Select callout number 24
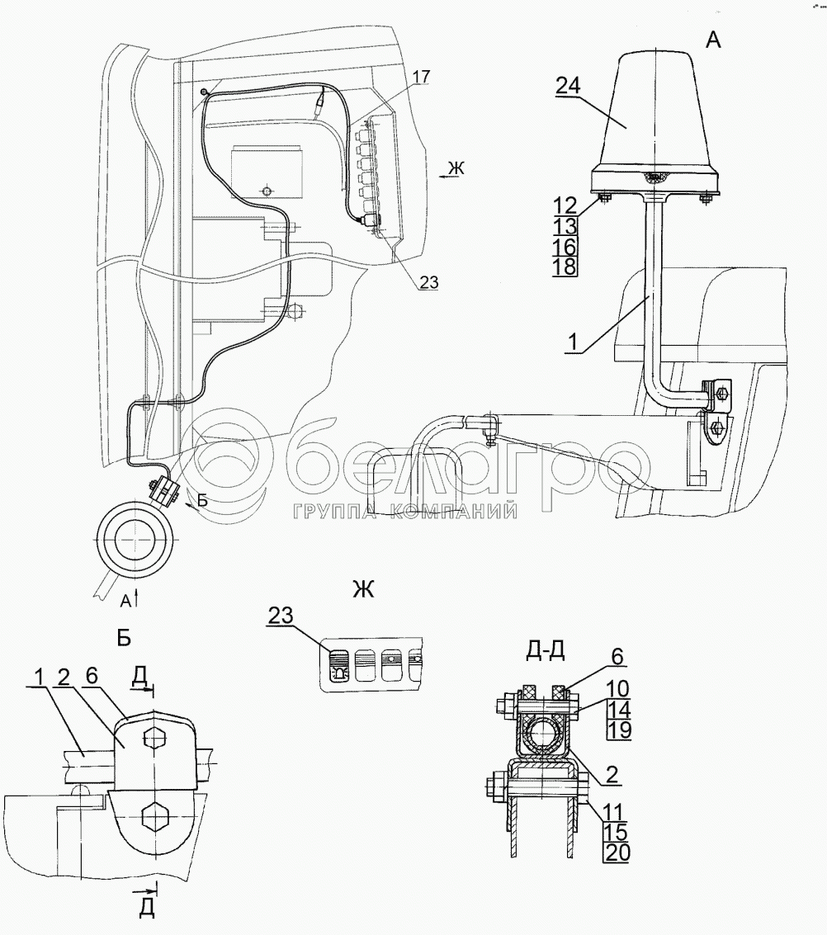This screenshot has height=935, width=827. [x=567, y=87]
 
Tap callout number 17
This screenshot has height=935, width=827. [x=420, y=77]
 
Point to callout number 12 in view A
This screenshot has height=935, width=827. [x=565, y=205]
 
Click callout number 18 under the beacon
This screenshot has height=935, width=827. [x=565, y=266]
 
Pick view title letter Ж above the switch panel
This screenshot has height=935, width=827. [x=363, y=590]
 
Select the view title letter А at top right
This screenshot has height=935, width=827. [x=712, y=40]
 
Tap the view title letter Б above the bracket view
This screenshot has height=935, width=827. [x=124, y=639]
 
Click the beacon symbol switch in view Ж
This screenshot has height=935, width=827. [x=338, y=665]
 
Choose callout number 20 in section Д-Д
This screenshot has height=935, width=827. [x=617, y=852]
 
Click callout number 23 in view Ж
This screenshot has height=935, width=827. [x=281, y=616]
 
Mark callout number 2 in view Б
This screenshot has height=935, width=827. [x=64, y=676]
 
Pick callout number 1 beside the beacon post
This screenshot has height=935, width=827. [x=573, y=342]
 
